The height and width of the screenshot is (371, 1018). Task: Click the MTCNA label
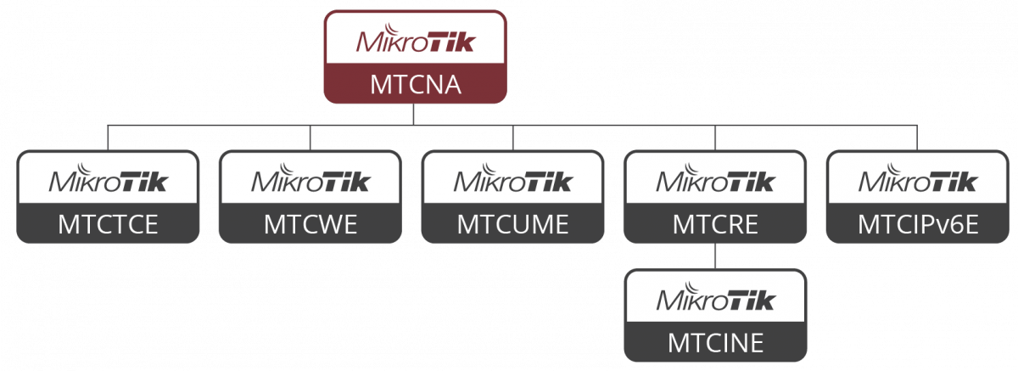pos(416,85)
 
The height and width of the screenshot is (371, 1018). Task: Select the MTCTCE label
pos(108,224)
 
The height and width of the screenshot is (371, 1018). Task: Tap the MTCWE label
pos(310,224)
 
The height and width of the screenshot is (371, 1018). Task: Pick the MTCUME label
pos(512,224)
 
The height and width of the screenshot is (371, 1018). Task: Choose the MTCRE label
pos(715,224)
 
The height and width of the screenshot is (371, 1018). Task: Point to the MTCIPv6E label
pos(918,224)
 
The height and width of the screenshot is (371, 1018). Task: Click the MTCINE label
pos(715,342)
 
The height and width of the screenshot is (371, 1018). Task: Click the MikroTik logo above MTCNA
pos(416,41)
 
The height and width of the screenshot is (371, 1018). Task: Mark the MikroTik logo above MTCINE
pos(715,298)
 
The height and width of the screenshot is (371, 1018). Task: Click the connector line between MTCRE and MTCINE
pos(715,257)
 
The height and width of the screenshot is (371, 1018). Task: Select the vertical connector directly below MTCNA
pos(416,115)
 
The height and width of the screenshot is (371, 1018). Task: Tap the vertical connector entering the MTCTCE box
pos(108,138)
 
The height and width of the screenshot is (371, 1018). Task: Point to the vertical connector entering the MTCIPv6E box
pos(918,138)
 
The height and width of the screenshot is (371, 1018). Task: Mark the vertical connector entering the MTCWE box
pos(310,138)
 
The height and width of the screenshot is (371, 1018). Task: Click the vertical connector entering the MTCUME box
pos(512,138)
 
